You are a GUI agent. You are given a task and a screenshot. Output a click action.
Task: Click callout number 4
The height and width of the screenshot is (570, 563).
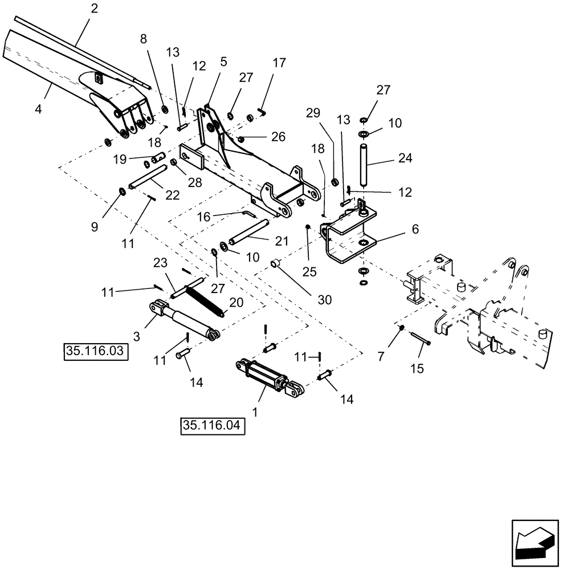coord(38,109)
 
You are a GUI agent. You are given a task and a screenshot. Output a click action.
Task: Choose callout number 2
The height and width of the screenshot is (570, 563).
coord(94,9)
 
